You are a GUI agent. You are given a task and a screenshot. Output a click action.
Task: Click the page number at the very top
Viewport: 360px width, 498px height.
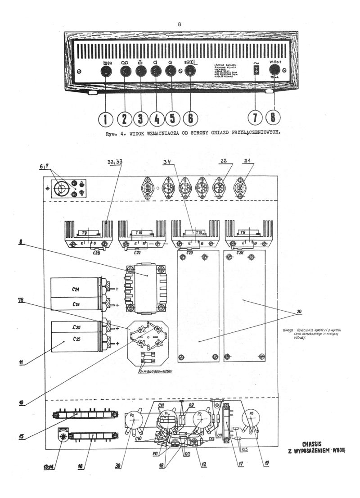click(x=180, y=24)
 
